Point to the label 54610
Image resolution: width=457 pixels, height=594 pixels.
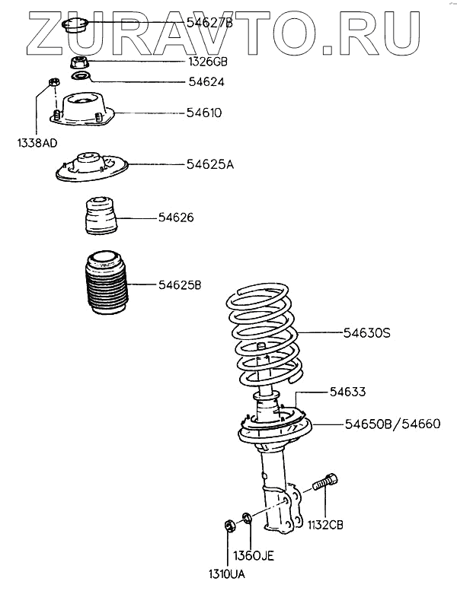[x=203, y=113]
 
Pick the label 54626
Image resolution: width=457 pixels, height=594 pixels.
[x=176, y=218]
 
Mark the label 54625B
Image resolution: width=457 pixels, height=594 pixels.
[x=180, y=285]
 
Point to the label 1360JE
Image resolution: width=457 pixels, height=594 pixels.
[x=252, y=555]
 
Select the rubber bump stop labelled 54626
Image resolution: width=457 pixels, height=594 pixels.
[x=98, y=218]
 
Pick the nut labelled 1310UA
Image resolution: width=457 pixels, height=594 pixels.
[x=228, y=524]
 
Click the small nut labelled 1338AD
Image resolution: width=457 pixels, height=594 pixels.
[x=53, y=82]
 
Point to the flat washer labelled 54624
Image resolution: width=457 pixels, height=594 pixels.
[x=81, y=78]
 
